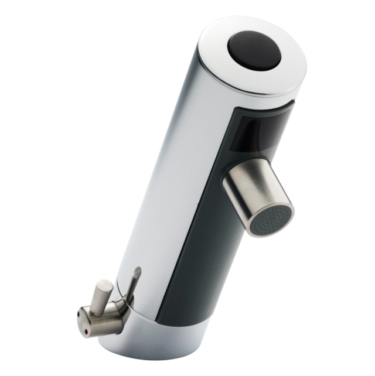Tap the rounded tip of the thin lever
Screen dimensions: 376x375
(x=138, y=271)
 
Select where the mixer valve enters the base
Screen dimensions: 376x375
(x=125, y=310)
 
